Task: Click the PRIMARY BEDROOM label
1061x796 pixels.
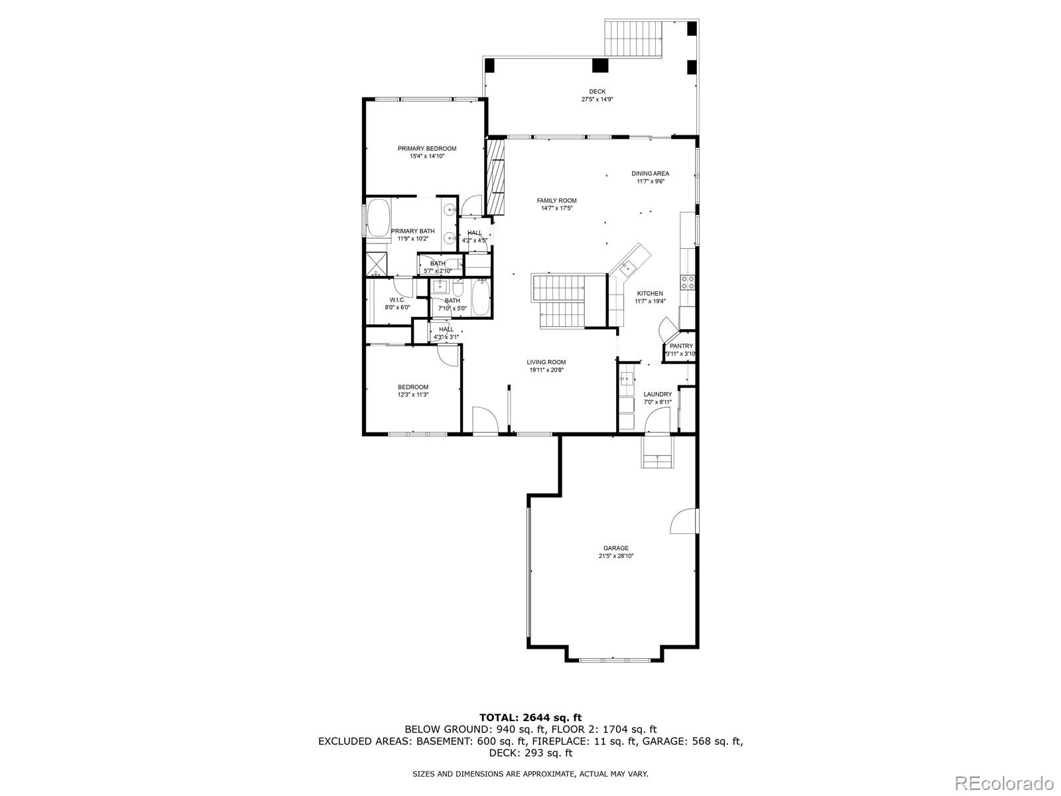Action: point(426,149)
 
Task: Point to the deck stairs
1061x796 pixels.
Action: point(634,38)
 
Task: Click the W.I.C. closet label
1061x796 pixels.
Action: point(397,300)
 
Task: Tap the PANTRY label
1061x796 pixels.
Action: point(681,346)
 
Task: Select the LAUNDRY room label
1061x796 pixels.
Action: point(657,395)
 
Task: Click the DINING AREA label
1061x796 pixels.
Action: point(650,174)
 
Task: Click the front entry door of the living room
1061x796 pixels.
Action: point(485,420)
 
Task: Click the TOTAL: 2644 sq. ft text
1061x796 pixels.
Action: point(530,717)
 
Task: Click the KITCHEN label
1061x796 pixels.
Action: point(650,293)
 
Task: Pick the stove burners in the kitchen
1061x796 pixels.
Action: point(688,283)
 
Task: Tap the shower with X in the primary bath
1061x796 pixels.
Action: point(377,263)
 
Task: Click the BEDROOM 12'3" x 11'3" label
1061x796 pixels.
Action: point(412,387)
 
